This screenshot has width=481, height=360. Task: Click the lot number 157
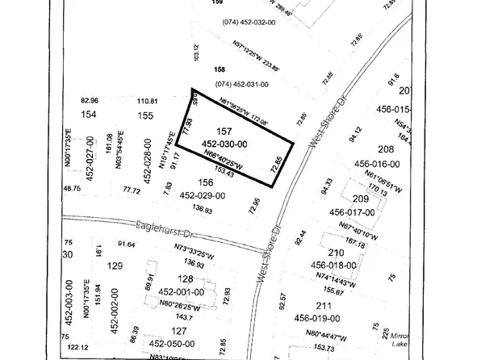[x=225, y=130]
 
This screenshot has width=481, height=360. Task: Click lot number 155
[x=146, y=116]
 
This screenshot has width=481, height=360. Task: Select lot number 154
[x=89, y=116]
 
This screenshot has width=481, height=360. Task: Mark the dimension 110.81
[x=147, y=101]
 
